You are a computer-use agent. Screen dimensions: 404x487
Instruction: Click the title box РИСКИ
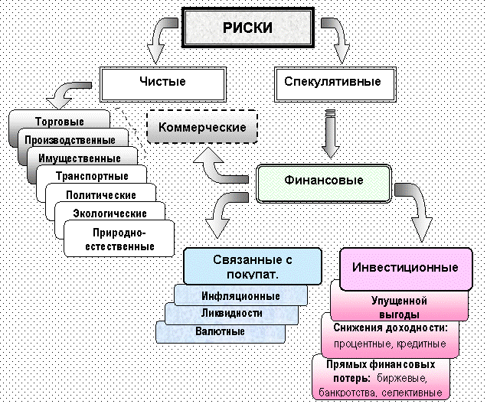point(247,28)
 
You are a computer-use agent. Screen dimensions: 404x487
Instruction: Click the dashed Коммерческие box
point(202,126)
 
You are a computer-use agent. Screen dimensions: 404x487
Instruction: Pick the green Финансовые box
point(324,181)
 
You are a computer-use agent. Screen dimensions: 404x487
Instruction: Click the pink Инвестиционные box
point(404,267)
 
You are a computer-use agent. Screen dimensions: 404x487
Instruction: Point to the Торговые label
point(60,122)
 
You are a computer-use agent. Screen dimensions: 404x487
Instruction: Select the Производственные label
point(70,140)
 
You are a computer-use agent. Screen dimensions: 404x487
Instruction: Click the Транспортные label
point(92,177)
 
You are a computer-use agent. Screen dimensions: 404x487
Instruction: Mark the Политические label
point(102,195)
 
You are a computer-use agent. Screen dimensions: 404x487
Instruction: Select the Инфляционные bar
point(240,296)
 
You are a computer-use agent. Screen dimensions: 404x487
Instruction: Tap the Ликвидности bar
point(232,314)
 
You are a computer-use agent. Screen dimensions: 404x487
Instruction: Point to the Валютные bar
point(220,332)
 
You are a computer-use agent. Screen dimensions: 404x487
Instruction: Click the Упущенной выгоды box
point(400,308)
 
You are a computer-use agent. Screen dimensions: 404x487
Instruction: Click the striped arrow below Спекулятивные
point(331,131)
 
